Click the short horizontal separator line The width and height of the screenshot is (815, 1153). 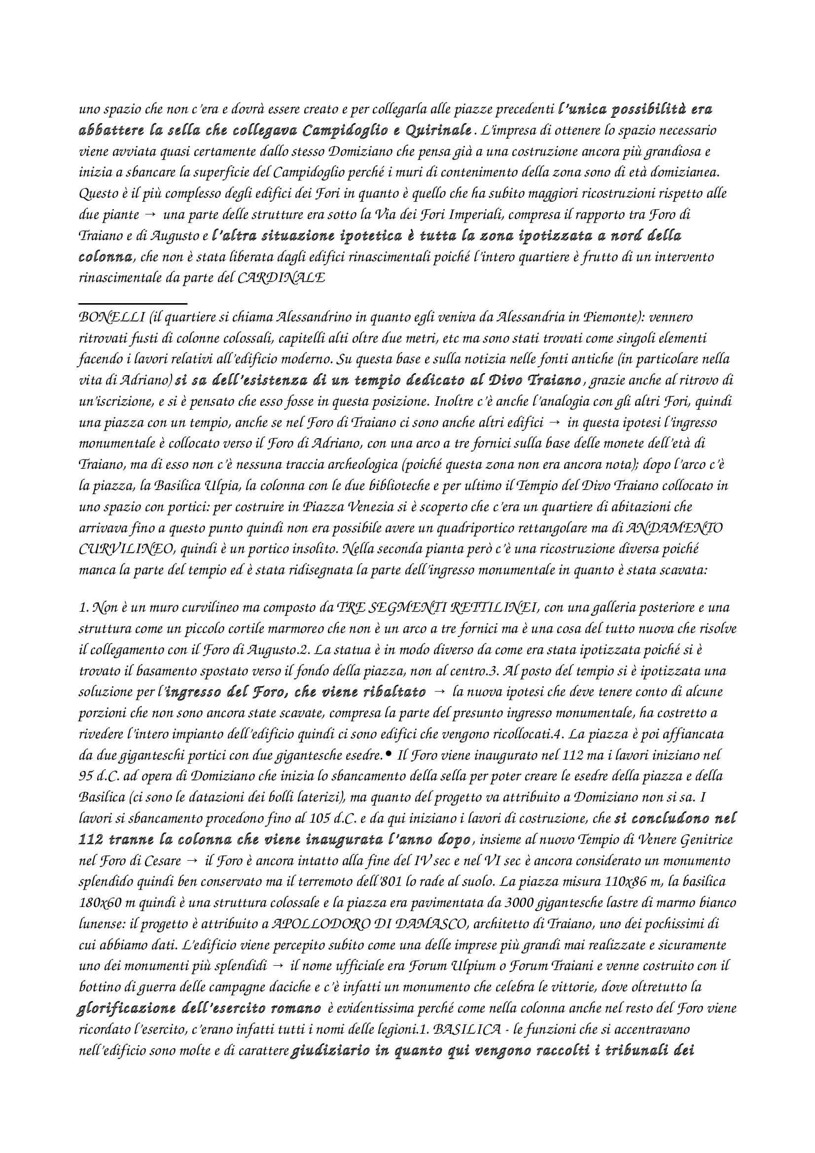[133, 303]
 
